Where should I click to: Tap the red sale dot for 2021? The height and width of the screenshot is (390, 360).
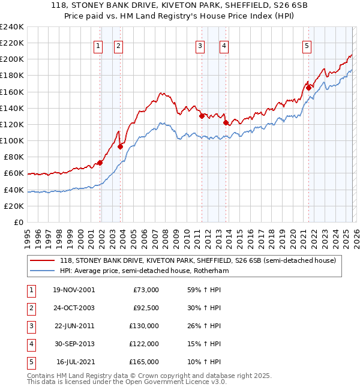(309, 88)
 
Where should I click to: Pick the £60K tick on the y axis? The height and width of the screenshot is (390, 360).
(13, 173)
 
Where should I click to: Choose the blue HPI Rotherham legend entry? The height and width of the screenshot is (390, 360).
(145, 271)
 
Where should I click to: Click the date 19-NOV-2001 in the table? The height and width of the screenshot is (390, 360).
(73, 290)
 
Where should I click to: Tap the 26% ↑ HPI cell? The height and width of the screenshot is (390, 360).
(205, 326)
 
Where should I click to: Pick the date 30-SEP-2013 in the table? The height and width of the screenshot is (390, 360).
(73, 344)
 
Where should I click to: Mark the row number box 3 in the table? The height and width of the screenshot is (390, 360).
(29, 326)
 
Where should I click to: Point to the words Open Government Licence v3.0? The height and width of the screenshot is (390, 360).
(175, 381)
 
